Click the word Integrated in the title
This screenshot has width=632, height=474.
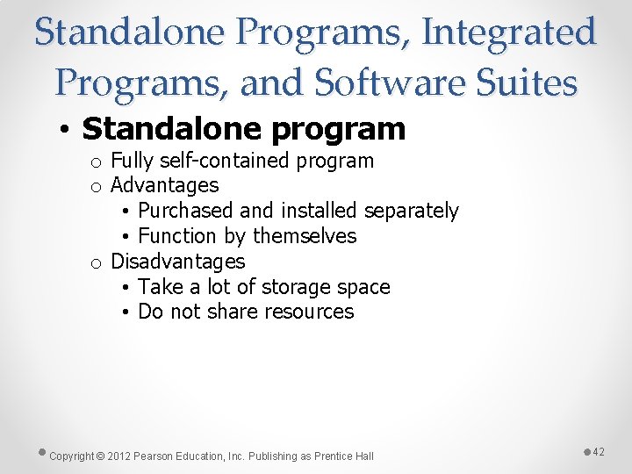pos(510,32)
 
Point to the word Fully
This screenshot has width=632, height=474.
pos(132,161)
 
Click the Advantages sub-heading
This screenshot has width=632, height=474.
pos(164,185)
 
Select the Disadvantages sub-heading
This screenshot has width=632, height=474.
pos(177,262)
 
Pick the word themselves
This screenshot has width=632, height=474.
pos(305,236)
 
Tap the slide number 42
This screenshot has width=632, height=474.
pos(599,451)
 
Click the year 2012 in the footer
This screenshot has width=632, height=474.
pos(119,456)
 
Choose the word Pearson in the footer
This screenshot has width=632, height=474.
pos(154,456)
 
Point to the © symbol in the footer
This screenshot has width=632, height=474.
pos(100,456)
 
